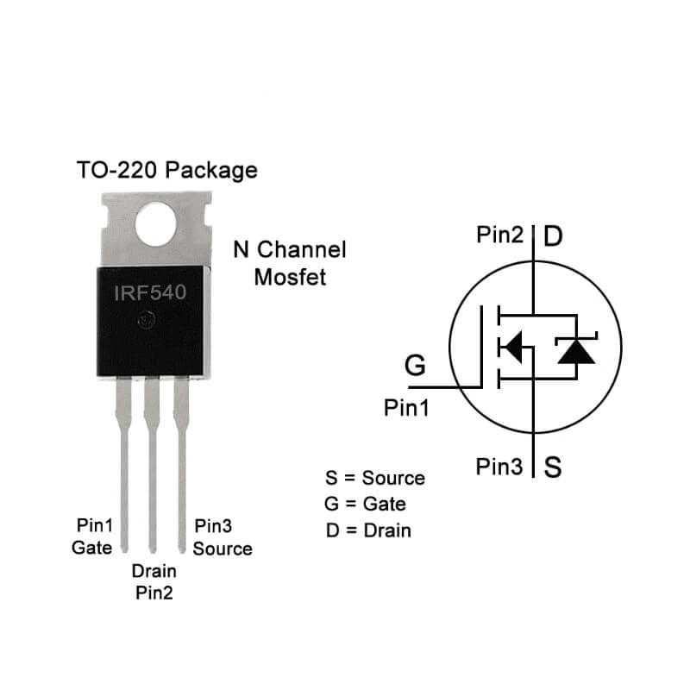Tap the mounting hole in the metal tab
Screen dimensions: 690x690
point(156,223)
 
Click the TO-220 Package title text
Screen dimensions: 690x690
point(167,170)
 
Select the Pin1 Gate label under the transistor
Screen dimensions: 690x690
point(92,536)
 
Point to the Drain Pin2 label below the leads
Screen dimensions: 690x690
point(154,581)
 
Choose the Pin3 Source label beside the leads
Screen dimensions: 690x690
point(223,537)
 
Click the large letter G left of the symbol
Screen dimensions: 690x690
point(415,366)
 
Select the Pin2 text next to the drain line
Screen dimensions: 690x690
point(499,235)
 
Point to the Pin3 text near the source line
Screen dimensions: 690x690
point(499,467)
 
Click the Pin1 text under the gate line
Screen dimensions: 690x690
point(406,408)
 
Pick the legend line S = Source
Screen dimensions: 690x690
point(374,479)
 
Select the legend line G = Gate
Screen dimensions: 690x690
point(365,504)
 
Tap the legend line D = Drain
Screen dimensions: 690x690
point(368,530)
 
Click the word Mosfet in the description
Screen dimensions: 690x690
point(291,278)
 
